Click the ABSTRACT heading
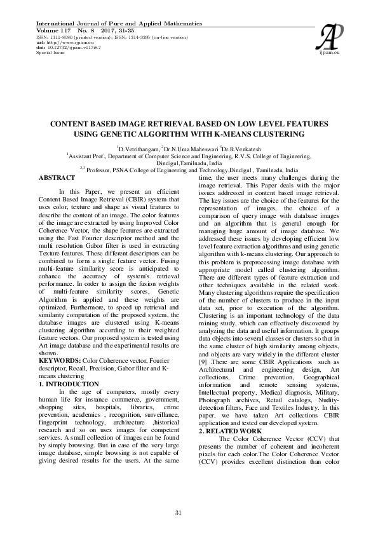click(57, 177)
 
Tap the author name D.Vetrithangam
click(137, 147)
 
